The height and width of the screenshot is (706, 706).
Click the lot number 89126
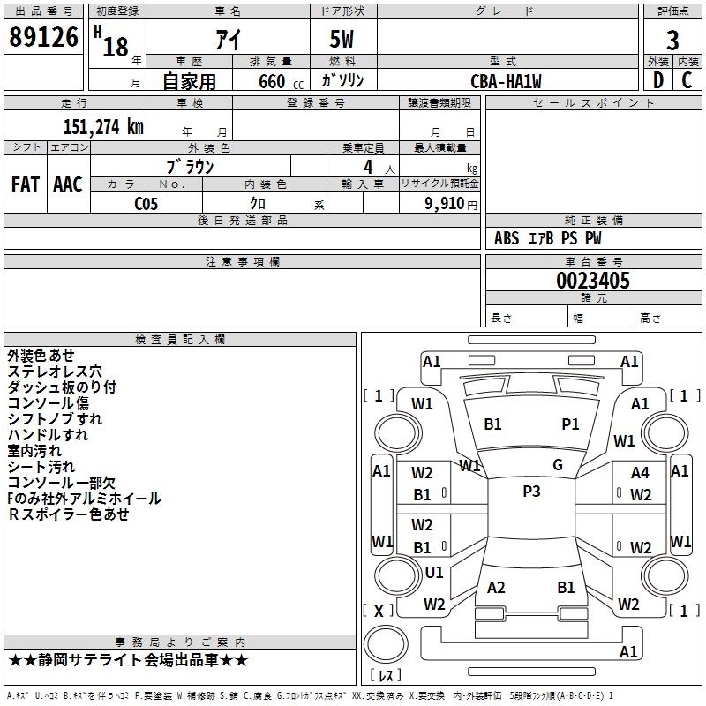coord(43,37)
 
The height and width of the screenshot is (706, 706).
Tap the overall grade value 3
coord(672,41)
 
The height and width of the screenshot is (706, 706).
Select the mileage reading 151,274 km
coord(103,127)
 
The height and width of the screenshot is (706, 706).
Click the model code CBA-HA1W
coord(506,81)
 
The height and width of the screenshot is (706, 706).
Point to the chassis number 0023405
coord(593,281)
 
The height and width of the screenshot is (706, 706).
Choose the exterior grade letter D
coord(658,80)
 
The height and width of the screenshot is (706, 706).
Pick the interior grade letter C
coord(687,80)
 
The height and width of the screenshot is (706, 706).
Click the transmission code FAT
coord(26,184)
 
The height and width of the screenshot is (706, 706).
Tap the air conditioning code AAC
coord(68,184)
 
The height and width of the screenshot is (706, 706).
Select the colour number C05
coord(146,204)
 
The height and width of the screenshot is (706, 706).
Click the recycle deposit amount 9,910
coord(445,204)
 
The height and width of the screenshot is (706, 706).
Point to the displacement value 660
coord(272,81)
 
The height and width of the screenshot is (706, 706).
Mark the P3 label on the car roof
coord(532,492)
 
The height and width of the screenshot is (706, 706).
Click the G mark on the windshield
coord(558,465)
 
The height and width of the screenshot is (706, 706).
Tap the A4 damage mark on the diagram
coord(640,473)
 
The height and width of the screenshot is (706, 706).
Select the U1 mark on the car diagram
coord(434,572)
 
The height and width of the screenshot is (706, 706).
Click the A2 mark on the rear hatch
coord(496,588)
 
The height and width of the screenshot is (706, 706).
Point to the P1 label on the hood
coord(570,424)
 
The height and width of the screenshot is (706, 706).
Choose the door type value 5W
coord(342,40)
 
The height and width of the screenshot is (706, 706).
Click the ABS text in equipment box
coord(507,238)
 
